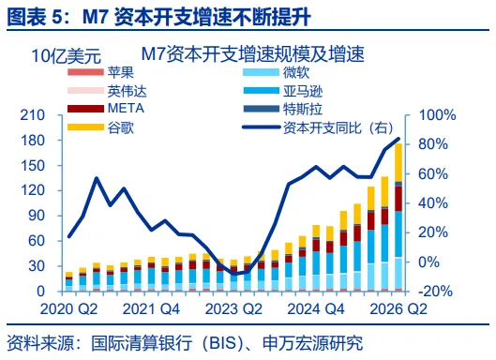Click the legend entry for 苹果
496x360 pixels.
coord(100,72)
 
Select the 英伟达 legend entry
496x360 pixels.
coord(107,91)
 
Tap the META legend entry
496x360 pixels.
coord(106,109)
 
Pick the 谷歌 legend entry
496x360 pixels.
coord(100,127)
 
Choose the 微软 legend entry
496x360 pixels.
coord(277,72)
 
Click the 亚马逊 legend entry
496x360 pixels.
coord(283,91)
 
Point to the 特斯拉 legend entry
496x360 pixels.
coord(283,109)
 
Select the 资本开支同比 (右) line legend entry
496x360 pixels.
coord(318,127)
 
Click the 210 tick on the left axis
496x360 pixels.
coord(33,115)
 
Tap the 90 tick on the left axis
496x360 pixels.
coord(37,216)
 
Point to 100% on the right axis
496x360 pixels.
coord(437,115)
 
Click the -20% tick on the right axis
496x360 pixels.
coord(435,291)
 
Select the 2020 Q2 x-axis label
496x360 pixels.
coord(68,309)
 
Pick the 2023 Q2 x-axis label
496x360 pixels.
coord(233,309)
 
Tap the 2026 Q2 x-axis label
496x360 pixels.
coord(398,309)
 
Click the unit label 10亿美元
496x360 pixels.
coord(67,56)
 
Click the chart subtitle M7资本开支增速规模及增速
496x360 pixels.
coord(253,53)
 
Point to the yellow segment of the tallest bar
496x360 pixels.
coord(398,162)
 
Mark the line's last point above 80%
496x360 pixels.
coord(398,139)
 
